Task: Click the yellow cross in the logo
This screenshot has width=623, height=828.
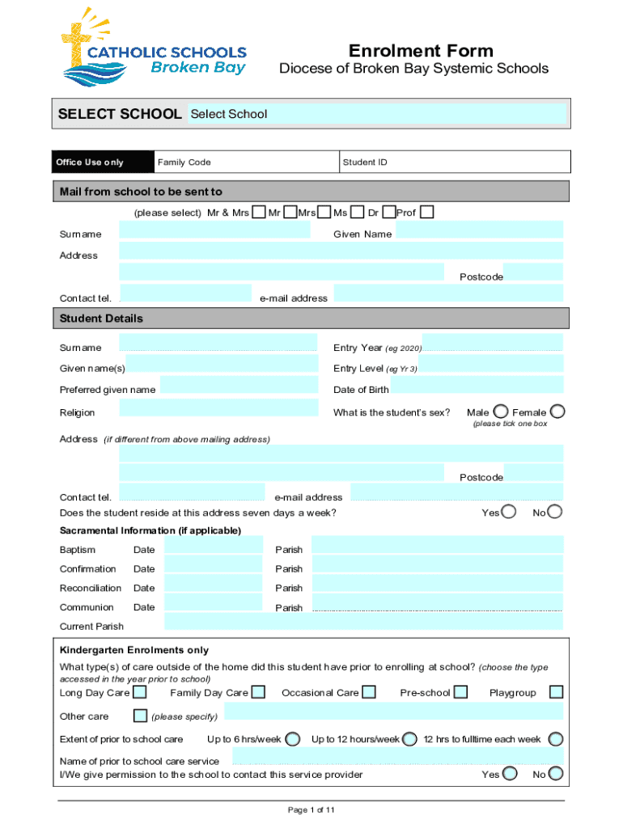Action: point(78,37)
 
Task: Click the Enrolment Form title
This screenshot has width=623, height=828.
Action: point(420,50)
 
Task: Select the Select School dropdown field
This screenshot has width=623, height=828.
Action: point(376,114)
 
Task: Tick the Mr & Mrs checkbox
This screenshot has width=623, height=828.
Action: point(258,213)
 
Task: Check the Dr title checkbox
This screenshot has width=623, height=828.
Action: point(389,213)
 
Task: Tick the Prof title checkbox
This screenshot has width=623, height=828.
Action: point(427,213)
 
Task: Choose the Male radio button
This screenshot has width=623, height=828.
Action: point(501,412)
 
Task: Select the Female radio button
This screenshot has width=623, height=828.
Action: point(557,412)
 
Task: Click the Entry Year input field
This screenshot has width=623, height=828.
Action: point(492,342)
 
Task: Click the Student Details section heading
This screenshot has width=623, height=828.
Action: point(101,319)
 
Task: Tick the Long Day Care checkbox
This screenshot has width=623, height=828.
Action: point(140,692)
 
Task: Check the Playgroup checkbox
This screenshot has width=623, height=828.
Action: point(556,692)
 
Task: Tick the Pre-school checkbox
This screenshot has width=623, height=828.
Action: point(460,692)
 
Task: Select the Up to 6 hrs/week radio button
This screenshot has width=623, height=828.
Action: point(294,739)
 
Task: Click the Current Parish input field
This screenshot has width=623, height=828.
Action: point(363,622)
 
